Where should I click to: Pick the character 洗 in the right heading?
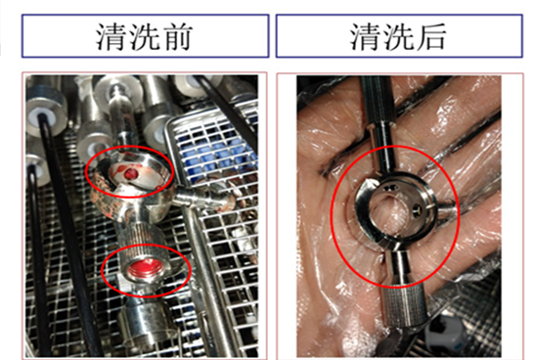(396, 37)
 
